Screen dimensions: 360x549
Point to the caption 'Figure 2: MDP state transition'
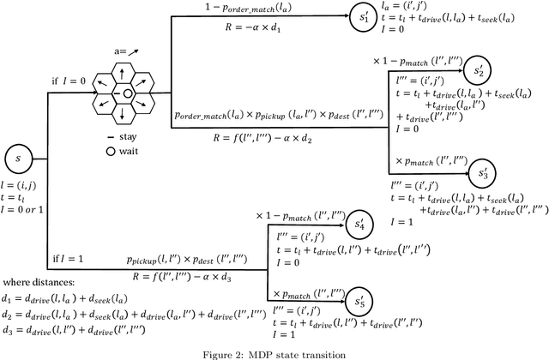pyautogui.click(x=274, y=352)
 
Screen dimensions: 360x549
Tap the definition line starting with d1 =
pyautogui.click(x=70, y=298)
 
